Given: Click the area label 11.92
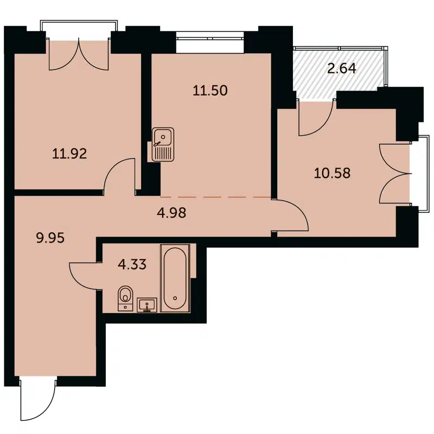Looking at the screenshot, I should point(69,153).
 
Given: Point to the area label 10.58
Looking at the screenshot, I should point(333,174).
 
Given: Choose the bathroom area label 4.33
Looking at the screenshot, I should point(132,266).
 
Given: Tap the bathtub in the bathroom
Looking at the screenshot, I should point(175,280).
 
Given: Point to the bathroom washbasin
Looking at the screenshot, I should point(146,305).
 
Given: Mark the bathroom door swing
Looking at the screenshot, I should point(84,276).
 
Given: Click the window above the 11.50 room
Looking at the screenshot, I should point(210,37).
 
